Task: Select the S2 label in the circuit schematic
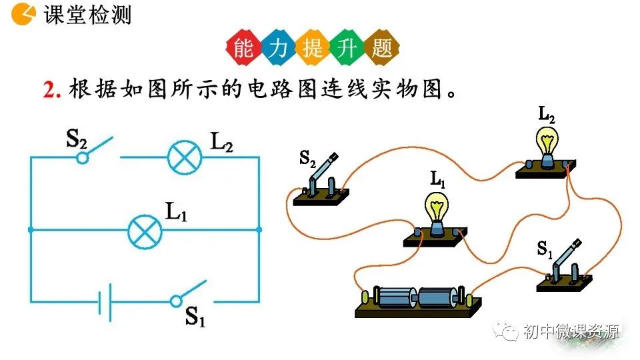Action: (77, 138)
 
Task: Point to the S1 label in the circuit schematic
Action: (195, 319)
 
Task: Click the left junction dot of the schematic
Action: (31, 229)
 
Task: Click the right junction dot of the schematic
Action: (259, 229)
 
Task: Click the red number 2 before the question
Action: (50, 90)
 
